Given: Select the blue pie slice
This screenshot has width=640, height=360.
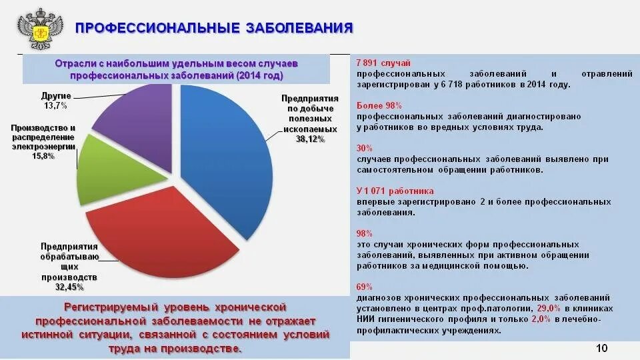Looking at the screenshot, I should (x=230, y=153).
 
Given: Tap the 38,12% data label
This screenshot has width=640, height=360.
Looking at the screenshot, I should (x=310, y=139).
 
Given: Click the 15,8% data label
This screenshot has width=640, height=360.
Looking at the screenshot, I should (x=43, y=155).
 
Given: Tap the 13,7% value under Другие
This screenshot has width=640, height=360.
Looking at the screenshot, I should (x=56, y=105).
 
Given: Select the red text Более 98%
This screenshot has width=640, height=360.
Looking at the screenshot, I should (x=379, y=105).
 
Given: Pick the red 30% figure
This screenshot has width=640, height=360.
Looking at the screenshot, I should (x=364, y=148).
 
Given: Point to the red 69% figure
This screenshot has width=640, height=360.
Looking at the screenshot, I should (x=364, y=287).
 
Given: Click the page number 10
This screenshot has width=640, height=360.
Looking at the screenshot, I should (x=601, y=349).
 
